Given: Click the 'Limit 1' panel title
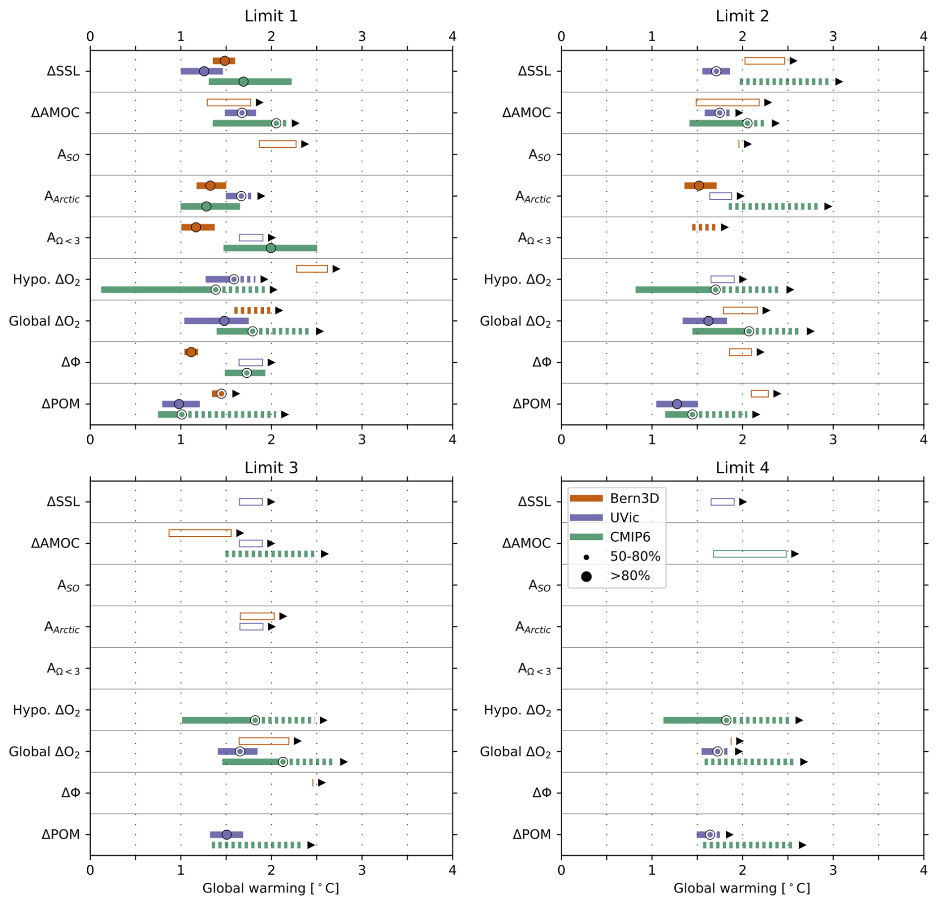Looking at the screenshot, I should [271, 16].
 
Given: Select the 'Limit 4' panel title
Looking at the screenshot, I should [742, 467].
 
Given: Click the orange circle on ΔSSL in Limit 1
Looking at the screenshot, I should [225, 61].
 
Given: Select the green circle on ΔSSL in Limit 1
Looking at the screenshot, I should [243, 82].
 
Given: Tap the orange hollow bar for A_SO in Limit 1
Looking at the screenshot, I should [278, 144].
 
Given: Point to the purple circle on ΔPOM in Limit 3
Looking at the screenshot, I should [227, 835].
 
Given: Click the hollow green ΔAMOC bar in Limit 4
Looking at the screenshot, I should [750, 554].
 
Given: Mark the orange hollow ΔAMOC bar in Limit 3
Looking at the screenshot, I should [200, 533].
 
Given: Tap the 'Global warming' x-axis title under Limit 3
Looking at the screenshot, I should [271, 888].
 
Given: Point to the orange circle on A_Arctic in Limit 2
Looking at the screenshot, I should [699, 186].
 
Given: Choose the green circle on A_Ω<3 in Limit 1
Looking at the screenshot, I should [271, 248].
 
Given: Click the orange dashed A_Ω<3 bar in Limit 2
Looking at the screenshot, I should [704, 227].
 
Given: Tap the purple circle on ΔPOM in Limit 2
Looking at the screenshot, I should [677, 404].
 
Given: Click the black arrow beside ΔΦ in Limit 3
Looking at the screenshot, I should [322, 783].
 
